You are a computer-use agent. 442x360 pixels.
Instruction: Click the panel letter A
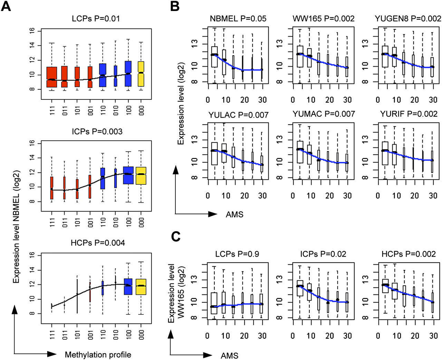point(6,6)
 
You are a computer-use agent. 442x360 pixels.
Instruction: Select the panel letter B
point(175,6)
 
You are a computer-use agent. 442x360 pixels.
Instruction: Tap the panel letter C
point(176,236)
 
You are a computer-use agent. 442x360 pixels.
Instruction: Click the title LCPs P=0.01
point(96,19)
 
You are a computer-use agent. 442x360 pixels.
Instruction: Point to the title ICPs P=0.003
point(97,132)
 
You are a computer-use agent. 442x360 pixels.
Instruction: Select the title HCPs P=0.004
point(98,243)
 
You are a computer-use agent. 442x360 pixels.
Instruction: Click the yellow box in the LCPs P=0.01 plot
point(141,74)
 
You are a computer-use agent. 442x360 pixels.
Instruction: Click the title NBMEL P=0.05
point(238,19)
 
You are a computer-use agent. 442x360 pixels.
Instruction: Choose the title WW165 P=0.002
point(324,19)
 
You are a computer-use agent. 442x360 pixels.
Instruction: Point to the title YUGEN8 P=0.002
point(408,19)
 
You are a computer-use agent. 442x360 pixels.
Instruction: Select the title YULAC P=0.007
point(238,115)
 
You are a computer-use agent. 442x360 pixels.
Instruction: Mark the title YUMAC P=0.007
point(324,114)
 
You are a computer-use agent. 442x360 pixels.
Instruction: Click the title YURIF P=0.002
point(409,114)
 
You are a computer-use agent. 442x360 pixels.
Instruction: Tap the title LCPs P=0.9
point(237,254)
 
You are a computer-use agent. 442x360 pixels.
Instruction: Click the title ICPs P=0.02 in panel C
point(323,254)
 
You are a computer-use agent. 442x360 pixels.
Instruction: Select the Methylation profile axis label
point(98,354)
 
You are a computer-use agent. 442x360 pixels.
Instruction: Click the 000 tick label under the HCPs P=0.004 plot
point(141,334)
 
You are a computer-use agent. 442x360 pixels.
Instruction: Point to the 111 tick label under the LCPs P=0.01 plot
point(52,110)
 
